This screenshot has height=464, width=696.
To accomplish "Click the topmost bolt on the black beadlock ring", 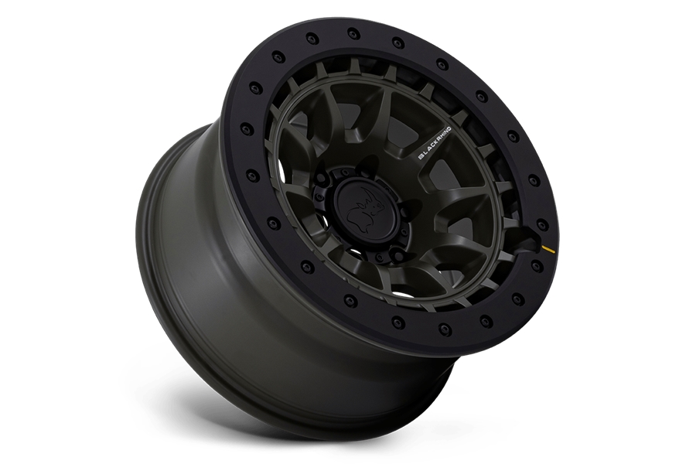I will pos(354,33).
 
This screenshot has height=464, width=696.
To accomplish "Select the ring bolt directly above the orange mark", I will pos(542,223).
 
